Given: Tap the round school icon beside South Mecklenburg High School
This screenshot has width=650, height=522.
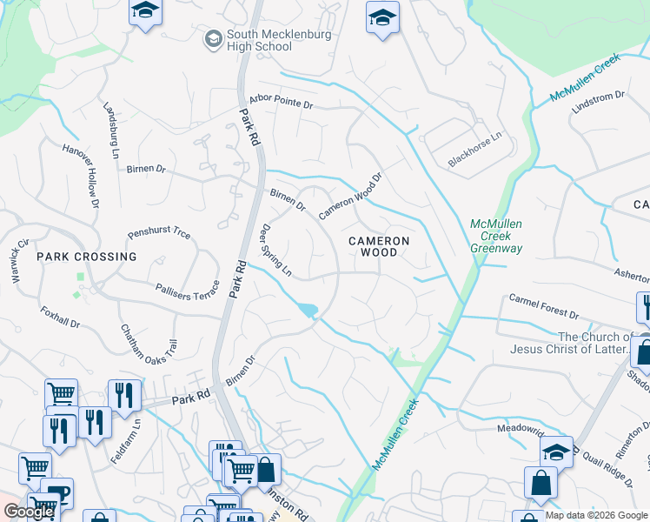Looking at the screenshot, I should pyautogui.click(x=212, y=39).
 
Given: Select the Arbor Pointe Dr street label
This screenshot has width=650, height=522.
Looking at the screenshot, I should pyautogui.click(x=280, y=102).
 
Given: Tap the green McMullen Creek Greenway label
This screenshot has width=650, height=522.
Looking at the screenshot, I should pyautogui.click(x=495, y=235).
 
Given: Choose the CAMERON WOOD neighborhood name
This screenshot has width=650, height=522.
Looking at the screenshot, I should pyautogui.click(x=379, y=246).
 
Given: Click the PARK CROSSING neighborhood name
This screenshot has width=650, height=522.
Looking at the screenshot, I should pyautogui.click(x=87, y=257).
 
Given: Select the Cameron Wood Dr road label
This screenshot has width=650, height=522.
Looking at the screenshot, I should pyautogui.click(x=350, y=197).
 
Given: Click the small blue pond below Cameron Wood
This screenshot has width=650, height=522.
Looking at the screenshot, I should pyautogui.click(x=307, y=311).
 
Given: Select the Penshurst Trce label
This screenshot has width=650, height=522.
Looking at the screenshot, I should pyautogui.click(x=158, y=234).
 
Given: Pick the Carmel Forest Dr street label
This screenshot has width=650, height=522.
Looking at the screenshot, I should pyautogui.click(x=544, y=306).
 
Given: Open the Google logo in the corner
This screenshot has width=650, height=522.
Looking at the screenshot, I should pyautogui.click(x=29, y=512).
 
